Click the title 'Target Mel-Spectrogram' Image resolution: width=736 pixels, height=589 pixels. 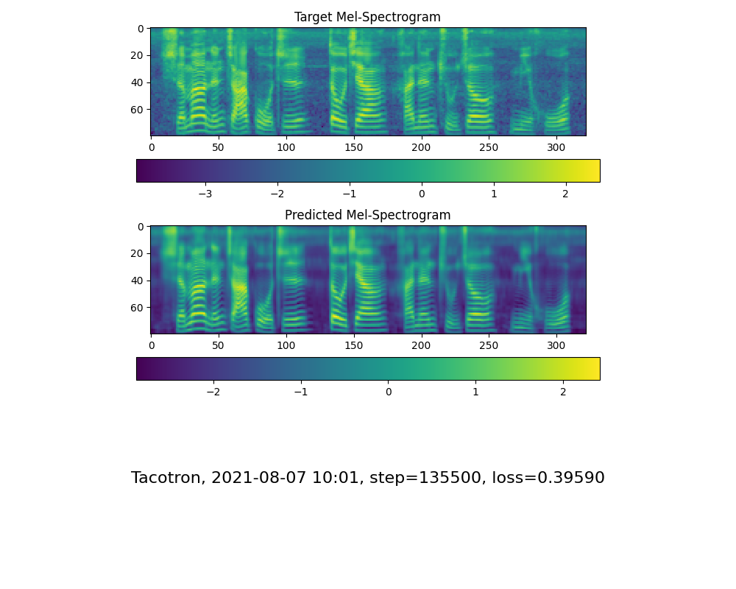(x=368, y=17)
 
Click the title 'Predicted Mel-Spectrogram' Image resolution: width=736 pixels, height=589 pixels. (x=368, y=215)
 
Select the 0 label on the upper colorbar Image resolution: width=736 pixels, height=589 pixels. (x=422, y=194)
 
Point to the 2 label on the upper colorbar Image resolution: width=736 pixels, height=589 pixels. (x=565, y=194)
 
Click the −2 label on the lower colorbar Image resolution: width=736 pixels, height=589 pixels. (x=213, y=392)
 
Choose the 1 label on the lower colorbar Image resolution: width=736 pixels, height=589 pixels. (x=475, y=392)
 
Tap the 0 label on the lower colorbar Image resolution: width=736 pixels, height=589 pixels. (x=389, y=392)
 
